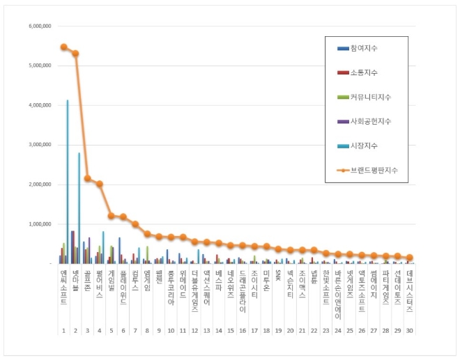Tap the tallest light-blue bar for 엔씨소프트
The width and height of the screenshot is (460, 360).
click(x=68, y=181)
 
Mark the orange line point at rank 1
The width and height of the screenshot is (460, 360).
click(x=63, y=47)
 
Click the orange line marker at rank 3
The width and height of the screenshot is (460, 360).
click(x=87, y=178)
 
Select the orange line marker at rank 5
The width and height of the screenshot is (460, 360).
click(x=111, y=216)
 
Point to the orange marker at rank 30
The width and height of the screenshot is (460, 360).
click(x=409, y=258)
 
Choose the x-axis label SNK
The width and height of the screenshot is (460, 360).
click(x=278, y=274)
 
